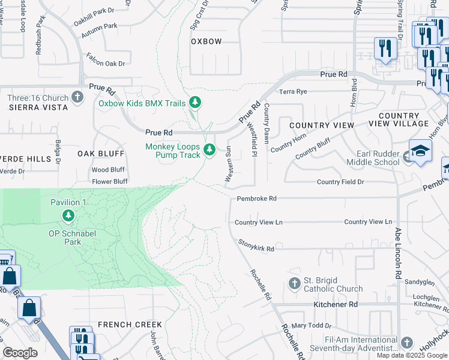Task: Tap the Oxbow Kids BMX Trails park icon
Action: point(194,103)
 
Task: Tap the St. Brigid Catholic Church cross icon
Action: point(294,283)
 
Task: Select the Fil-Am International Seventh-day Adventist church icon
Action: point(406,343)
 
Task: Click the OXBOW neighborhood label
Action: point(206,41)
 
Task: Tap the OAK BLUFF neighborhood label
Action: point(100,154)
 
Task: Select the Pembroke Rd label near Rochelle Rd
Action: point(256,198)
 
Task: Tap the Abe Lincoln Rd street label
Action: point(397,252)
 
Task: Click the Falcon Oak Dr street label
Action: point(106,63)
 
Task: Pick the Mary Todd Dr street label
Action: point(308,326)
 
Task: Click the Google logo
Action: point(20,353)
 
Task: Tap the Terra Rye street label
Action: point(293,92)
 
